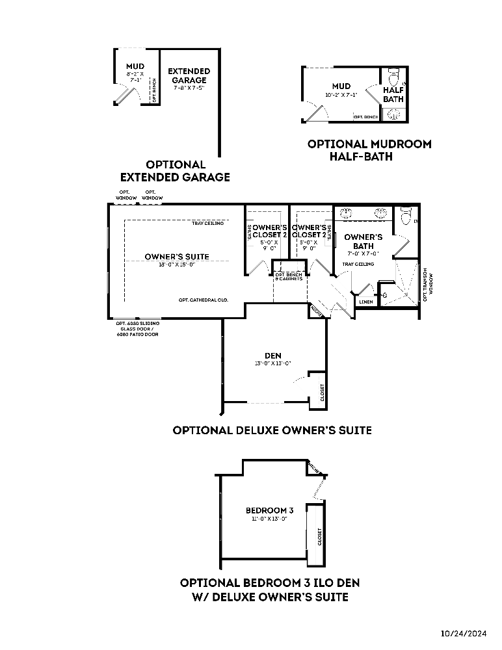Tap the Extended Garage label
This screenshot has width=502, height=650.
189,75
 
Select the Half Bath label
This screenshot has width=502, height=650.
393,94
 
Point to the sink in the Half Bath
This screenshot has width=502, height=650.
393,114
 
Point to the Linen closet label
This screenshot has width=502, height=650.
365,302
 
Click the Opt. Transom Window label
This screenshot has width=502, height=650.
426,284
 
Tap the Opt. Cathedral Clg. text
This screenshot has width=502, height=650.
202,300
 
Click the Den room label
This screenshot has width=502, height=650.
273,355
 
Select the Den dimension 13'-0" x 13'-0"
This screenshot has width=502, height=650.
273,363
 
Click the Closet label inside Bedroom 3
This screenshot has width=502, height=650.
319,536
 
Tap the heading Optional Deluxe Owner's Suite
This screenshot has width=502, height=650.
272,430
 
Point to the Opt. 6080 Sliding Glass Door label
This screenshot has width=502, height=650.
137,328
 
